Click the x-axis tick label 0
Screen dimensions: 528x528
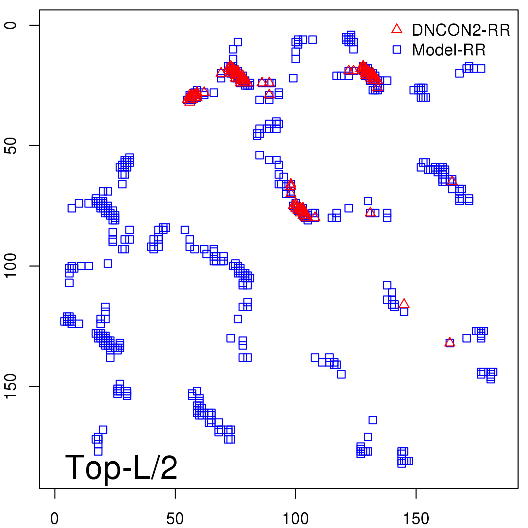(54, 518)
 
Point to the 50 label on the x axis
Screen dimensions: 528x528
(175, 518)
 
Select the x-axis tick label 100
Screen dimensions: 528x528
(296, 518)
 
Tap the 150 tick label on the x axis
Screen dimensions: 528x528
(416, 518)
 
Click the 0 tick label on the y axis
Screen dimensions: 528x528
(11, 25)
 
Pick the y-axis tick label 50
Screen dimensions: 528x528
(11, 146)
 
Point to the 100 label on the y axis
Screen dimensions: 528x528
(11, 266)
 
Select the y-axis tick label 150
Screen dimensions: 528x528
(11, 386)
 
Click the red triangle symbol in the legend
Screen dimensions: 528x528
(397, 29)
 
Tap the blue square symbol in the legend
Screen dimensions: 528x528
(397, 49)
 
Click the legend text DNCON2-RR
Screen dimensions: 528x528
(461, 30)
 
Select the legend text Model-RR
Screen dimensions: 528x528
(449, 50)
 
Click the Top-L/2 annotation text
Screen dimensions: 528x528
(121, 467)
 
